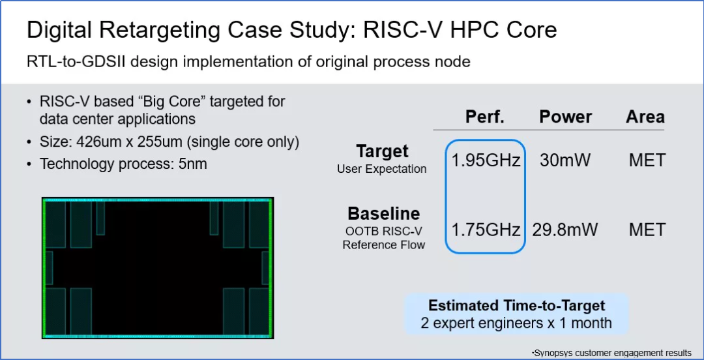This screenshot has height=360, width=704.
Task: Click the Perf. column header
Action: (484, 117)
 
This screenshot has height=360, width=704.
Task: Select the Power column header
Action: (565, 117)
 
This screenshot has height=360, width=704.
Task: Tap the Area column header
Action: (645, 117)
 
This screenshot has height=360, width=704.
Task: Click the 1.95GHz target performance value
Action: (486, 160)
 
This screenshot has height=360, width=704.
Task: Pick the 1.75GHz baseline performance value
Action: (486, 230)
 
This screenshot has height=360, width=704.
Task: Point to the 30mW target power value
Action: (565, 160)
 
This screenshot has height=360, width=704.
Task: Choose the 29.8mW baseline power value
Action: (565, 230)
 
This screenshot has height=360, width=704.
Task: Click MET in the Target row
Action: (647, 160)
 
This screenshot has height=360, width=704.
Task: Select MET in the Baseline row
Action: (647, 230)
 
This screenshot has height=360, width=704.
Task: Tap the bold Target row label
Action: (382, 151)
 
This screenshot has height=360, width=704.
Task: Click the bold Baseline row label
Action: (383, 213)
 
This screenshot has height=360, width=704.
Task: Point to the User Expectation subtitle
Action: (382, 169)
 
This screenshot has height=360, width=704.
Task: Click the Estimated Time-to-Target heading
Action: (516, 306)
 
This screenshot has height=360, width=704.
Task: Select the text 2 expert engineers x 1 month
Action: (516, 323)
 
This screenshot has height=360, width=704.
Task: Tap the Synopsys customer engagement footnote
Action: (612, 353)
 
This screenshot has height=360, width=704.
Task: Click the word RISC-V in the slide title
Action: (396, 29)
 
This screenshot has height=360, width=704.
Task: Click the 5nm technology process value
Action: (192, 164)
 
